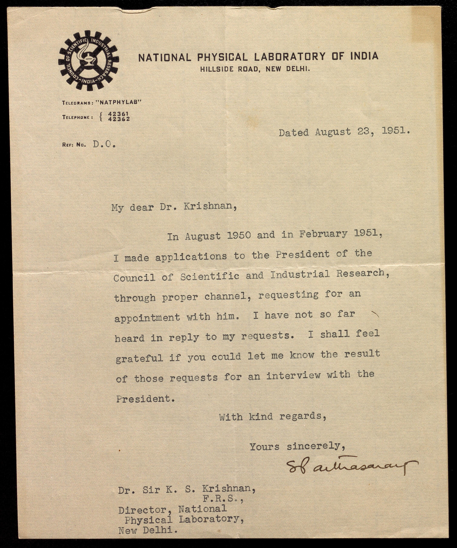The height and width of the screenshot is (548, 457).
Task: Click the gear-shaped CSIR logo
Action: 88,61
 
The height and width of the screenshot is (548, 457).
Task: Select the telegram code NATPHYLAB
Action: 119,102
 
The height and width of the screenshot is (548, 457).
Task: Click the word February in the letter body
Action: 323,234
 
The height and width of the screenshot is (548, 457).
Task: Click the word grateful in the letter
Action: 139,358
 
